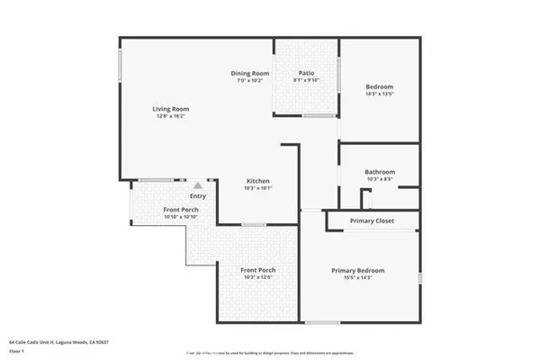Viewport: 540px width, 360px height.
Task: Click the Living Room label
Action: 170,109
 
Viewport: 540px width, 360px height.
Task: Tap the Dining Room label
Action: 250,73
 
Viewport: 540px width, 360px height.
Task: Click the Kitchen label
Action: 259,180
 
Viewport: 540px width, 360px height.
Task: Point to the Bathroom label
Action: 380,172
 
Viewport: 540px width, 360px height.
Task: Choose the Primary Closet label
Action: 372,220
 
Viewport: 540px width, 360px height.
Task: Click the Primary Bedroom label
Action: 358,271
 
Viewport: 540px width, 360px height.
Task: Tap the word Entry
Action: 198,196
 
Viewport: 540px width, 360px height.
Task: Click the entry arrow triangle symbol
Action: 198,184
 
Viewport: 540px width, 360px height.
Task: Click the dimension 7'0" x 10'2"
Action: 250,81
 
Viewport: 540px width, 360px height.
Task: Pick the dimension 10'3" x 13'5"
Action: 380,94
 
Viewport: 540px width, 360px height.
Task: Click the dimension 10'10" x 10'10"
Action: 181,217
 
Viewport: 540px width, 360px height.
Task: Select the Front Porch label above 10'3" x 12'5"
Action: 257,270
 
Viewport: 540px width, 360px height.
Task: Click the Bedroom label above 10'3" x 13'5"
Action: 380,85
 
